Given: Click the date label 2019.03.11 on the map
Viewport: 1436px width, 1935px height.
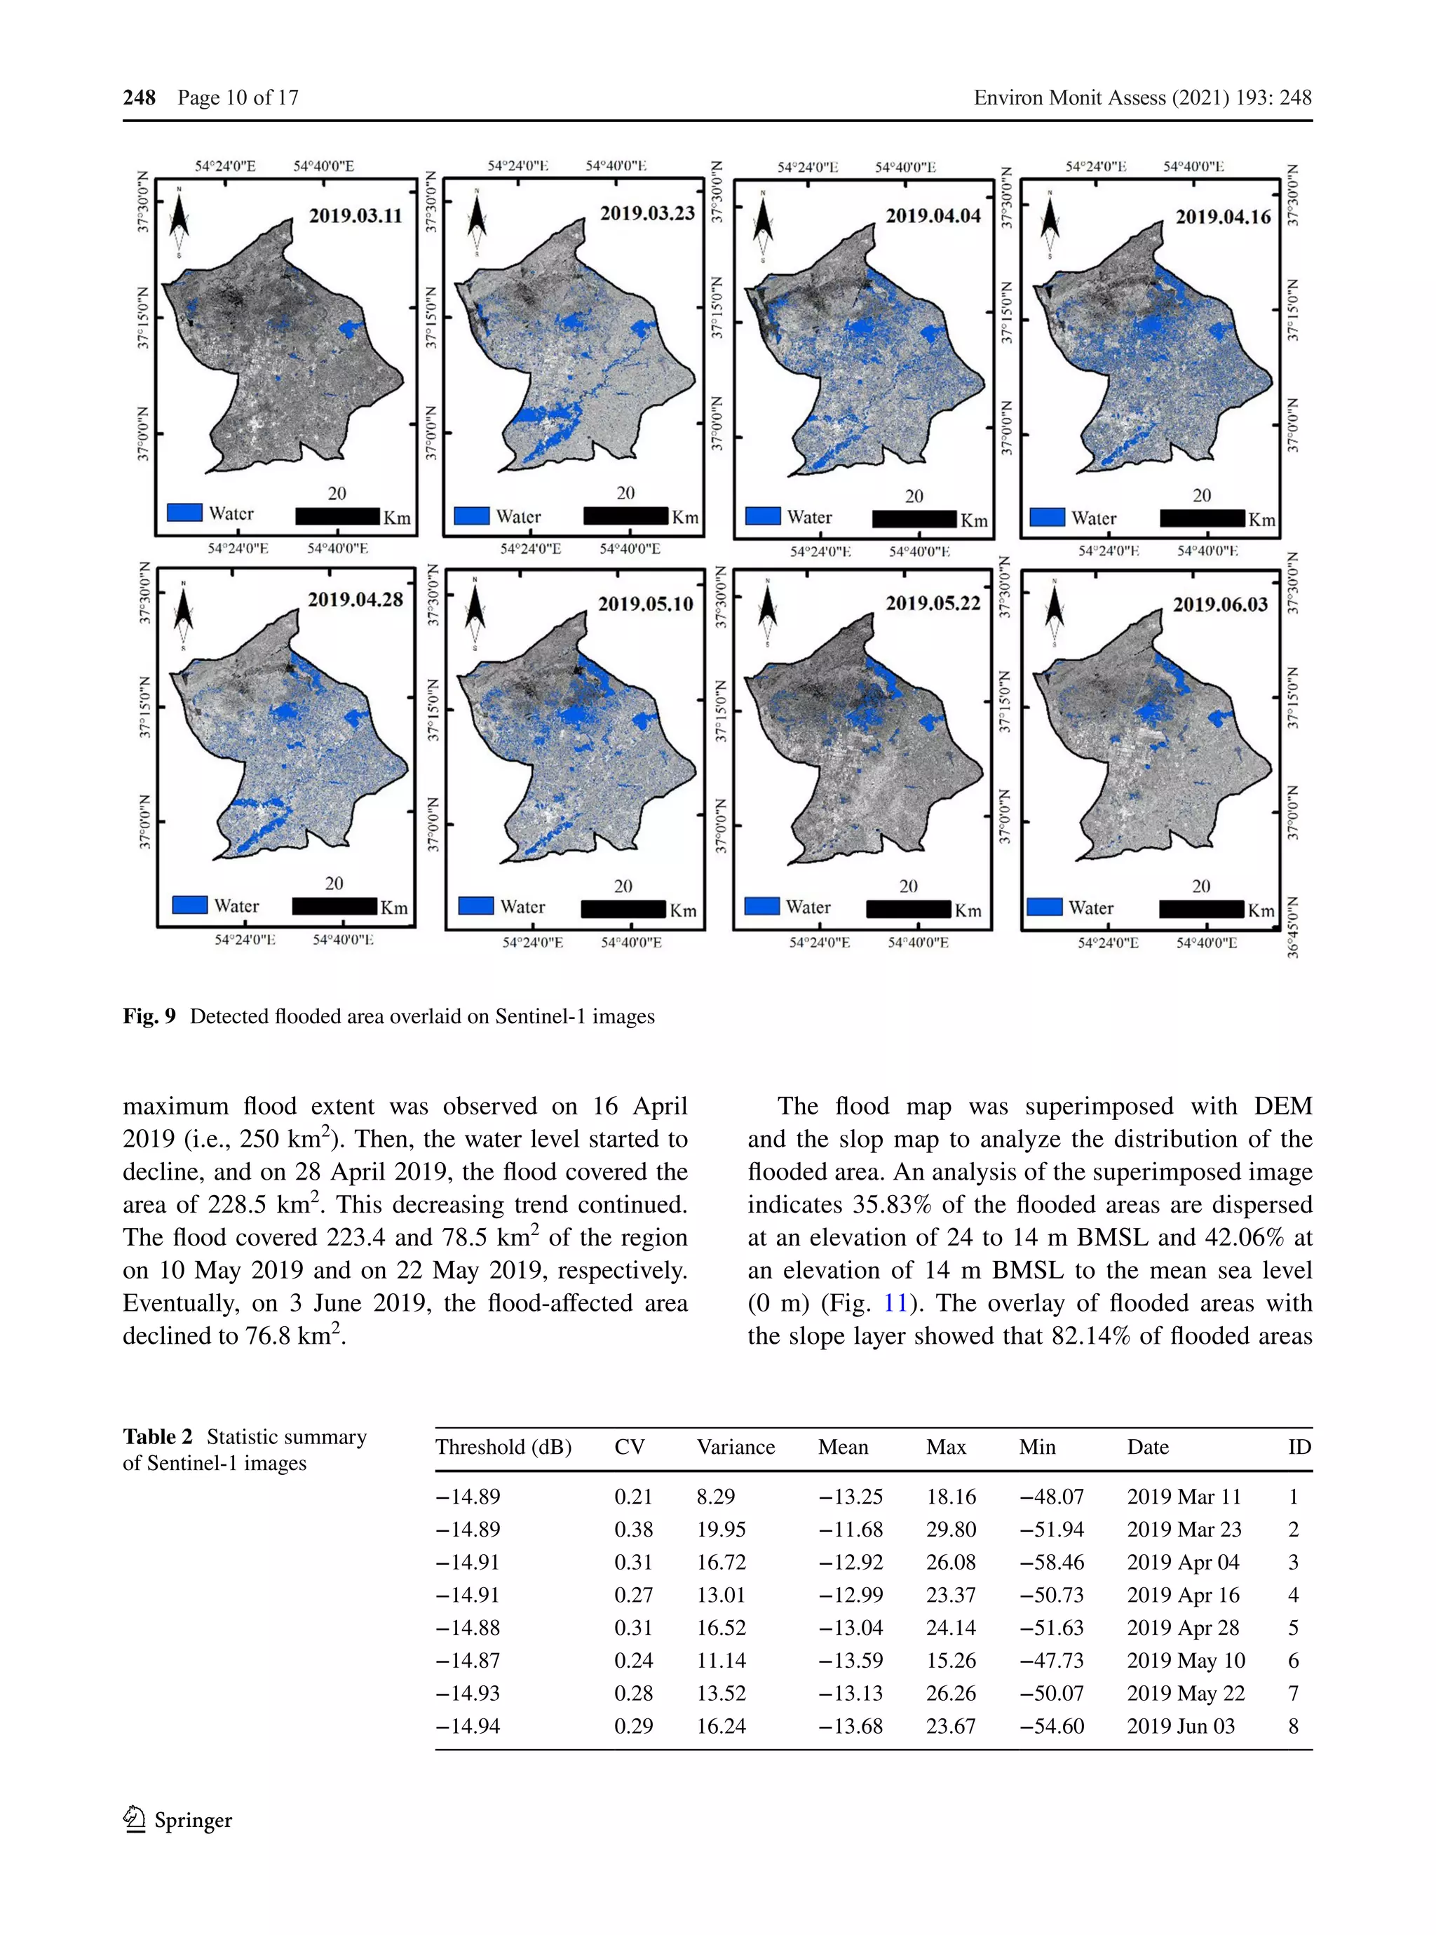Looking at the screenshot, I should click(355, 215).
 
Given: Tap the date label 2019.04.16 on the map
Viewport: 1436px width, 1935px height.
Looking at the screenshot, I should click(1223, 217).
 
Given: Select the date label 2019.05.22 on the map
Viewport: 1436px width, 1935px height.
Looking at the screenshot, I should click(933, 603).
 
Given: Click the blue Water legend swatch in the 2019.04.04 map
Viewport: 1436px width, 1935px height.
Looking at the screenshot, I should click(763, 516).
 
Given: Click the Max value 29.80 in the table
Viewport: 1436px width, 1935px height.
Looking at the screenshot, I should click(950, 1529).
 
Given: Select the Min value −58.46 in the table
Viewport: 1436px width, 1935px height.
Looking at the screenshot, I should click(1052, 1562).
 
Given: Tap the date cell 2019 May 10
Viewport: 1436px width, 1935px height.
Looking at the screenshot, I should click(1186, 1660).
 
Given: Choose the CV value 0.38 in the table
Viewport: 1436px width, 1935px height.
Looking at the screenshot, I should click(633, 1529).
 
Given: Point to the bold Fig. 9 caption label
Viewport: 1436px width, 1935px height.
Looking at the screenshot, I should click(149, 1016).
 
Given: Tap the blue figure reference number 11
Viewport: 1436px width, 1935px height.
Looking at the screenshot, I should click(895, 1303).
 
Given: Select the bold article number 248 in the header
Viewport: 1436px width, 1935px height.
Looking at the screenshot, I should click(139, 97).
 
